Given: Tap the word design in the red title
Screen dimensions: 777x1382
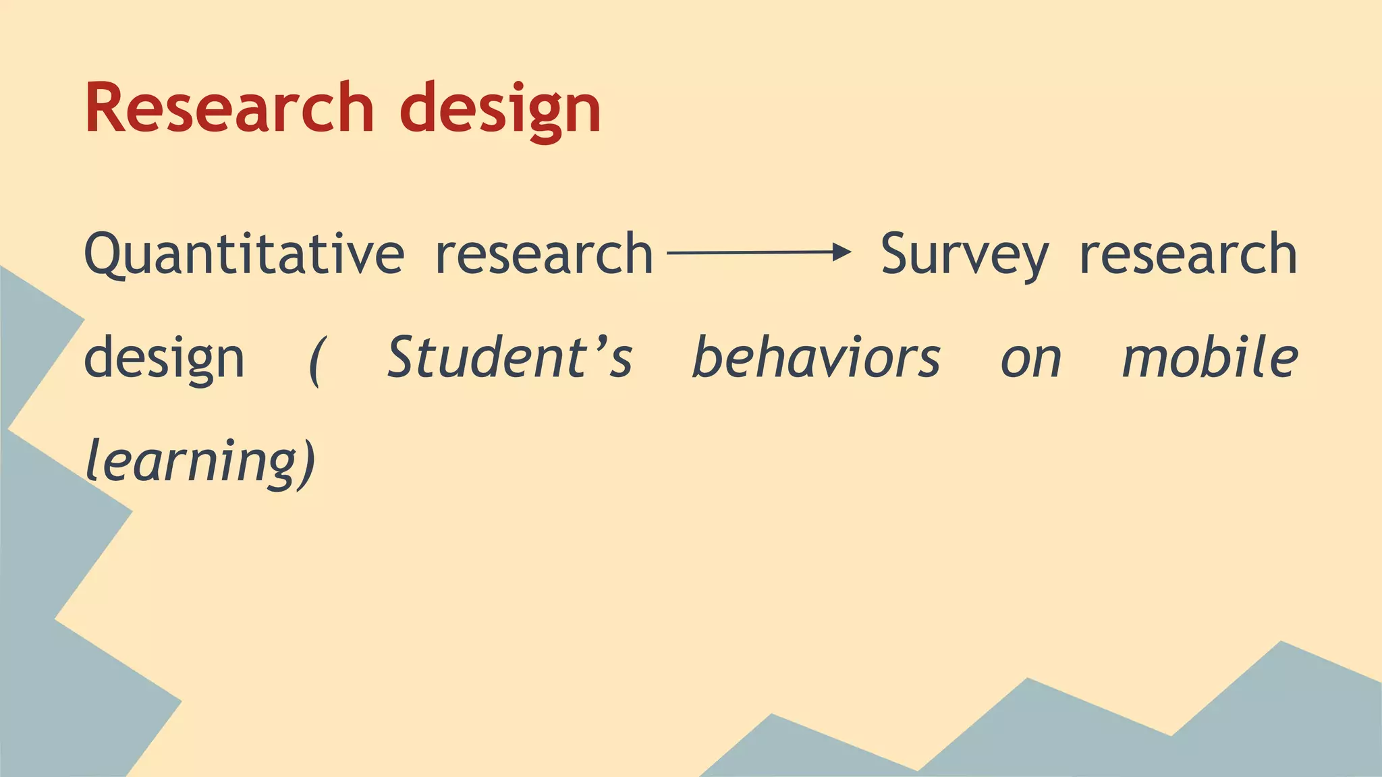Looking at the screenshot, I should click(500, 109).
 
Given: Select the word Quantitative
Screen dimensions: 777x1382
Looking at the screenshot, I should click(244, 254).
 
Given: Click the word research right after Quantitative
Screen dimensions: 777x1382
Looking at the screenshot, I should click(544, 254).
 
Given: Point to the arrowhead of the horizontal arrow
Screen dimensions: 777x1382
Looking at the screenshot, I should click(842, 253).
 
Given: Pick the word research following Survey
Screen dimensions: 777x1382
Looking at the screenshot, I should click(1188, 254).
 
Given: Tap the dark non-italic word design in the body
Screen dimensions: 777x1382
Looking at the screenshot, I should click(164, 359).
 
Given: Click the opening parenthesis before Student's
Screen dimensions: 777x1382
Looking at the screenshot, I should click(314, 361).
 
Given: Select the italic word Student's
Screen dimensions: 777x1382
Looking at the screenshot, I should click(509, 357).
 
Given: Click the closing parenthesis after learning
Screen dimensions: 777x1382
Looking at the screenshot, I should click(308, 463).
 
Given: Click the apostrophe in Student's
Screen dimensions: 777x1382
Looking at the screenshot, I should click(595, 341).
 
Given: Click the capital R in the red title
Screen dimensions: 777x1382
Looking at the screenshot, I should click(108, 108).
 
